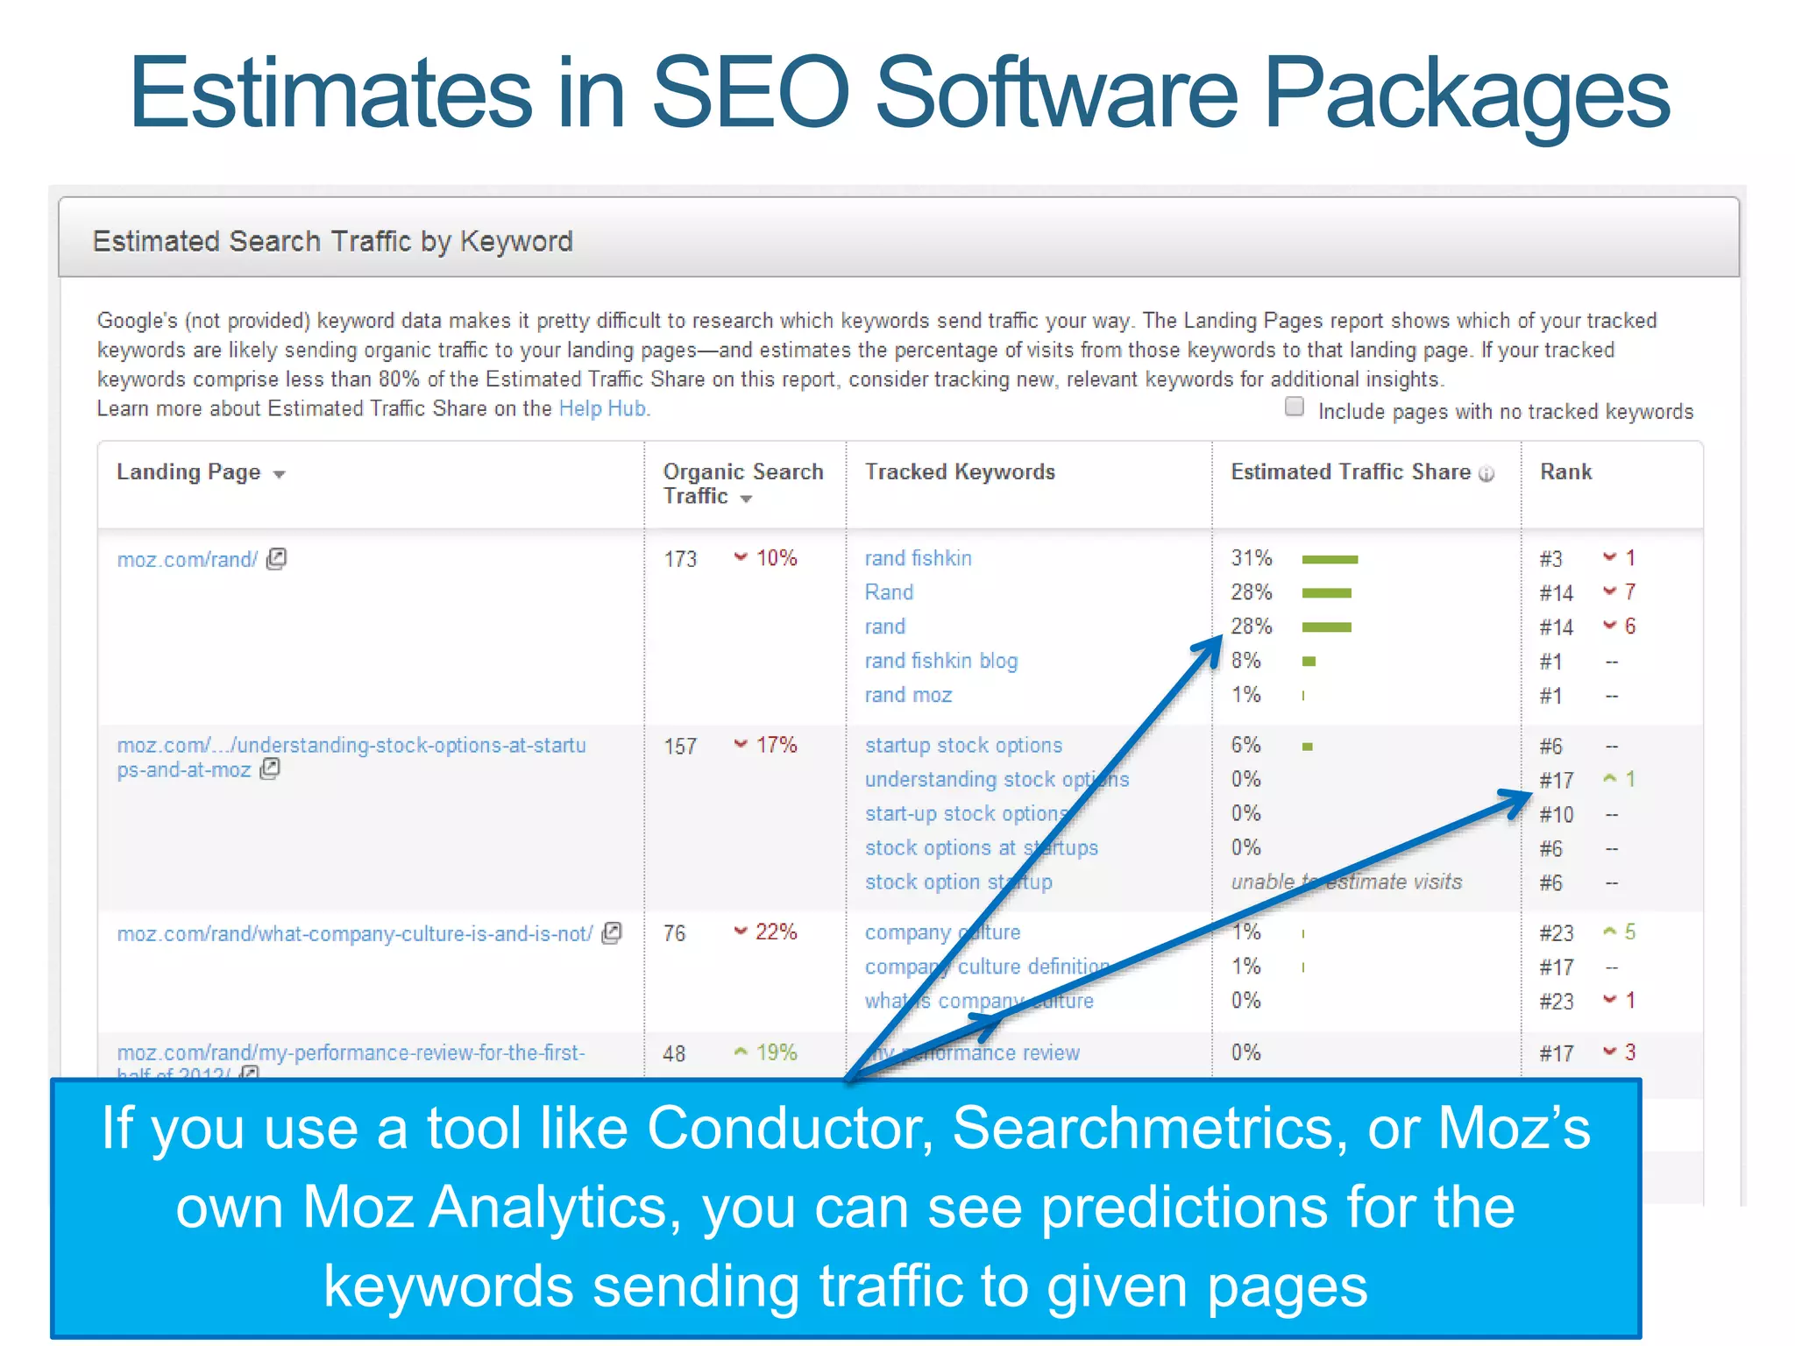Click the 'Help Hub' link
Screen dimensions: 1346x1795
[603, 408]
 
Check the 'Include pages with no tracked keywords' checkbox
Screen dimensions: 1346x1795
[1295, 407]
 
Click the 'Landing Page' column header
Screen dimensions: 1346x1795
[189, 472]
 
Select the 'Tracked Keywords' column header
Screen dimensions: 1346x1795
[960, 472]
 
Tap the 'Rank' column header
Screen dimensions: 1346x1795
[1565, 472]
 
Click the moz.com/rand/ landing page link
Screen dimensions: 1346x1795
[188, 559]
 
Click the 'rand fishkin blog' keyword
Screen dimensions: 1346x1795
[940, 661]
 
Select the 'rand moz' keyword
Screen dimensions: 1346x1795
[908, 695]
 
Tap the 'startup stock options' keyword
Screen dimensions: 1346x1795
[963, 746]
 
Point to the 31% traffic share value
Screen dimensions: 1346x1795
[1251, 558]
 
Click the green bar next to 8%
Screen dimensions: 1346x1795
[1309, 662]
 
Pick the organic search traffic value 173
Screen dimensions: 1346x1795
[680, 559]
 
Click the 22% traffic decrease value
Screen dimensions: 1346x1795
[776, 932]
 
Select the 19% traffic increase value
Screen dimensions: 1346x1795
[776, 1052]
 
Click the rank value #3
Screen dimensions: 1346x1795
[1550, 559]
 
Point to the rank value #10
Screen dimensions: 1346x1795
[1556, 815]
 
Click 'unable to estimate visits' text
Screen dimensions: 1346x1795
[1346, 882]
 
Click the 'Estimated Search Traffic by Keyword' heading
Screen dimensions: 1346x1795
[332, 241]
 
